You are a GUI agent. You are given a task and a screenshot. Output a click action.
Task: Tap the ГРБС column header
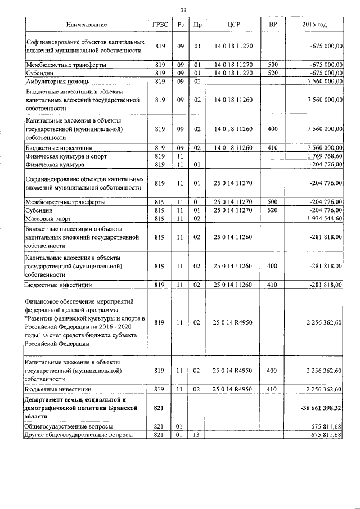[x=161, y=26]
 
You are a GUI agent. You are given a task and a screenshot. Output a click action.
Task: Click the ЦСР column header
[x=233, y=26]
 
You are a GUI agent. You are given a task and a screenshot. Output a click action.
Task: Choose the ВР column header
[x=273, y=26]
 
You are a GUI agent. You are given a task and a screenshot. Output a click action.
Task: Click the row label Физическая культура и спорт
[x=63, y=156]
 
